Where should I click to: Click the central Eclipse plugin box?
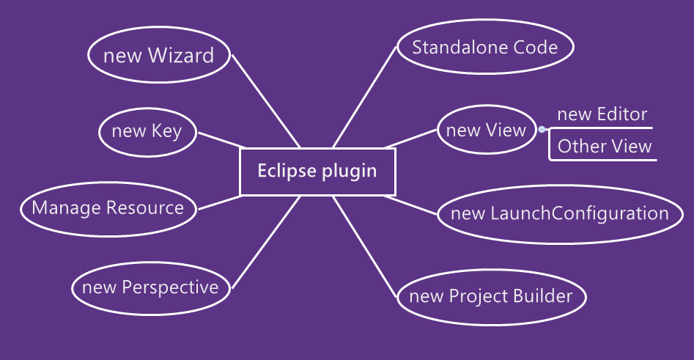tap(317, 172)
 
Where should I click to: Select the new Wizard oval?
tap(159, 56)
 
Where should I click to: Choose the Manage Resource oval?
tap(108, 207)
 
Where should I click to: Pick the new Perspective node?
tap(150, 287)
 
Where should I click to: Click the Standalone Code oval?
tap(484, 48)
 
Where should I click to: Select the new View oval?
tap(486, 131)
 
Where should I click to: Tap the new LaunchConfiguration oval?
tap(559, 213)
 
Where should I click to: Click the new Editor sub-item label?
tap(602, 114)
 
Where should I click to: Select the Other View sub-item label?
tap(604, 146)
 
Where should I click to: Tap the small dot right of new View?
tap(542, 130)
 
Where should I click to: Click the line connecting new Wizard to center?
tap(265, 100)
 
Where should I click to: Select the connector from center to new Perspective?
tap(265, 243)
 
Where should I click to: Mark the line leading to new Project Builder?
tap(366, 246)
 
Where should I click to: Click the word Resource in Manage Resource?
tap(145, 207)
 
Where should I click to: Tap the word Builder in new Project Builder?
tap(542, 296)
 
